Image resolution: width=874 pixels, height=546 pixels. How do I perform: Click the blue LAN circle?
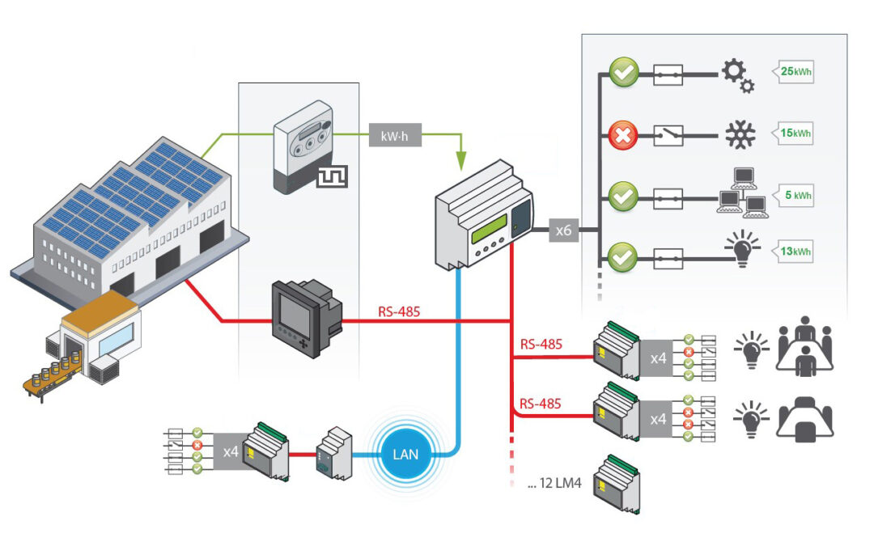coord(405,454)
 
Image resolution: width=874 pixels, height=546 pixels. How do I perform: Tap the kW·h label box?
coord(395,135)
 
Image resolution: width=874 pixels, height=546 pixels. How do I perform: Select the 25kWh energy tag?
coord(793,71)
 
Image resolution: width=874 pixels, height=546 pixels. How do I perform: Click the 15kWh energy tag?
coord(793,133)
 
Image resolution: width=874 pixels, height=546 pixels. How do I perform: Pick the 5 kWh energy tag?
coord(793,195)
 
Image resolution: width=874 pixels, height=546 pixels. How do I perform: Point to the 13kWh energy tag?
coord(793,252)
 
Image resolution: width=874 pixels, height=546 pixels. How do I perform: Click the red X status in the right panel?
coord(622,135)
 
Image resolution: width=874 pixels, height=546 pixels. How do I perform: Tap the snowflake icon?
coord(740,134)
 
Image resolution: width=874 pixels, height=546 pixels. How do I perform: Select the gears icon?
coord(738,76)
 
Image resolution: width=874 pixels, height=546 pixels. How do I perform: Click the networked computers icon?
coord(742,193)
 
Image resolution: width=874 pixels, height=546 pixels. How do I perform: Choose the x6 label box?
coord(563,230)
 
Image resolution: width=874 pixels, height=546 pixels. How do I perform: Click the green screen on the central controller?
coord(490,229)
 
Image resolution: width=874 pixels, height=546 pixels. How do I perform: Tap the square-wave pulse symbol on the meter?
coord(333,176)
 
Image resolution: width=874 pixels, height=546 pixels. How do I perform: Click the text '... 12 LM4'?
coord(554,483)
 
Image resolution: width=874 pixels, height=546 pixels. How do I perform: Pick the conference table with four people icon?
coord(804,346)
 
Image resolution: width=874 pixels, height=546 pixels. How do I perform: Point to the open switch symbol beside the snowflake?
coord(668,135)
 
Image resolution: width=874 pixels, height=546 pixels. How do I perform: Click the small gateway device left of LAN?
coord(334,454)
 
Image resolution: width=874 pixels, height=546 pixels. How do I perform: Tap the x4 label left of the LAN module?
coord(230,452)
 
